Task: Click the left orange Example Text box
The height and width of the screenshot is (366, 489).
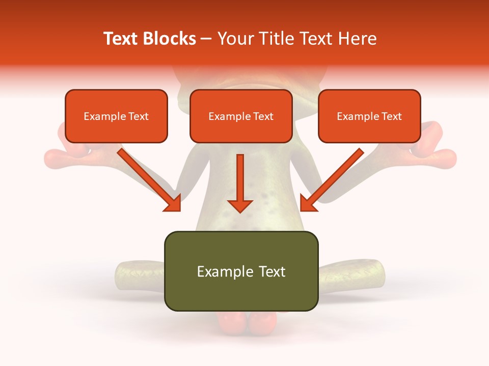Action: (116, 116)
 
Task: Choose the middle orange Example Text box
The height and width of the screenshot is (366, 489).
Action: (241, 116)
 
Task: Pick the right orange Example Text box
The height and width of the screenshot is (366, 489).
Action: (369, 116)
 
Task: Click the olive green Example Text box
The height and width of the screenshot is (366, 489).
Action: (241, 271)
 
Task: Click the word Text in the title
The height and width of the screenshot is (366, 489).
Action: (122, 39)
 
